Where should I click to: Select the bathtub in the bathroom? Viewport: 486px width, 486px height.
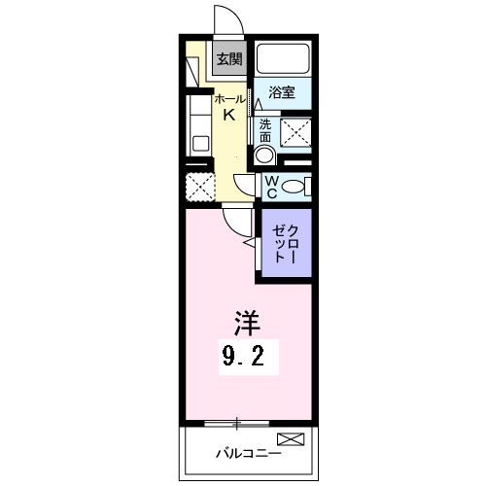pyautogui.click(x=282, y=59)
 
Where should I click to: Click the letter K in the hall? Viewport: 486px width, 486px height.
pyautogui.click(x=229, y=116)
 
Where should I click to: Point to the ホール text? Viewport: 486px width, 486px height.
pyautogui.click(x=228, y=100)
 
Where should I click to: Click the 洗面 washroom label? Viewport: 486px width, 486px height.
pyautogui.click(x=265, y=130)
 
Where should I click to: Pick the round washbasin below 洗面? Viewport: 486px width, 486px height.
pyautogui.click(x=263, y=156)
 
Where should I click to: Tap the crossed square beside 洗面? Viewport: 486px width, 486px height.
pyautogui.click(x=295, y=132)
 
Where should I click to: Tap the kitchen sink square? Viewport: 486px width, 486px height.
pyautogui.click(x=200, y=144)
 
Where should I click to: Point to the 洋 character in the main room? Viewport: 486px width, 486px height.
pyautogui.click(x=244, y=322)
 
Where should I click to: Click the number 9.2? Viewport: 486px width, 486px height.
pyautogui.click(x=244, y=357)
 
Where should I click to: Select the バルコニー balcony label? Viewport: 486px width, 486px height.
pyautogui.click(x=248, y=452)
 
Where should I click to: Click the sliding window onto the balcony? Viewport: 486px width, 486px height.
pyautogui.click(x=237, y=422)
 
